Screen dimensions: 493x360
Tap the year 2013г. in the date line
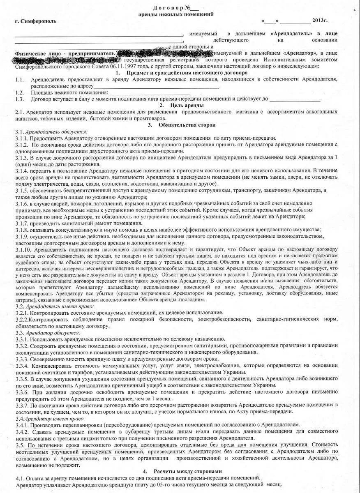coord(320,20)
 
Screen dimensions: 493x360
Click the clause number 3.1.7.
coord(22,223)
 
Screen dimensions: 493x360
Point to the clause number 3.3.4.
coord(22,366)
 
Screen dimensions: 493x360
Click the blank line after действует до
coord(295,99)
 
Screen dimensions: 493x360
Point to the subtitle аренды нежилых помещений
coord(176,14)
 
